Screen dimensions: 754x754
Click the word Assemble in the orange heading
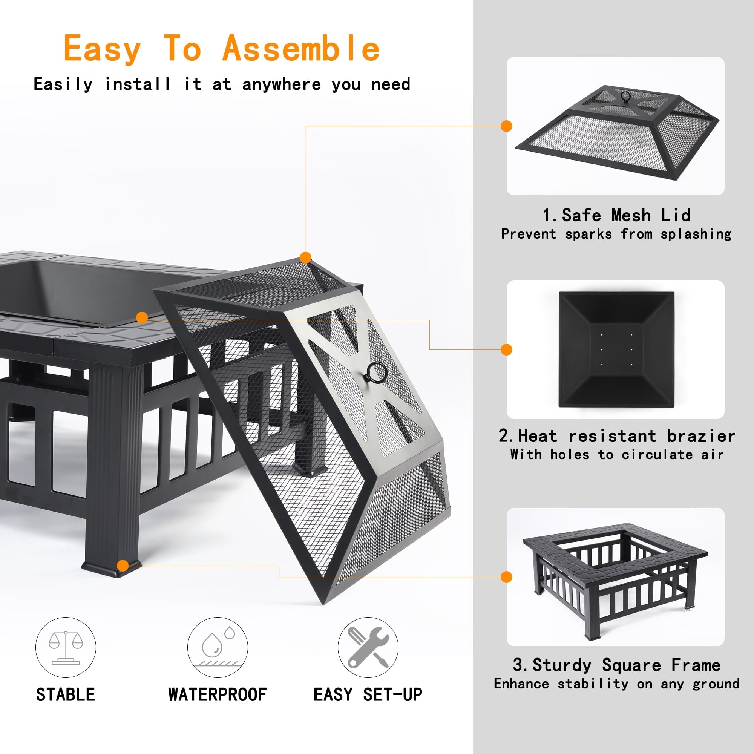tap(300, 48)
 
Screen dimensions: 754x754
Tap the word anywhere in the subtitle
tap(281, 84)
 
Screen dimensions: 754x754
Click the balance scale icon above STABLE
tap(66, 647)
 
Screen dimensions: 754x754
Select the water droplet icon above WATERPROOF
tap(218, 647)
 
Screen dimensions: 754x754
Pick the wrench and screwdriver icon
tap(368, 647)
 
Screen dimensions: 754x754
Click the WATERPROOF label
tap(218, 695)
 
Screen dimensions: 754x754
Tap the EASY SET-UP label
tap(368, 695)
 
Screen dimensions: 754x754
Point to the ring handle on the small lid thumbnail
tap(625, 96)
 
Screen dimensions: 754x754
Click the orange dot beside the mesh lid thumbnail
tap(506, 126)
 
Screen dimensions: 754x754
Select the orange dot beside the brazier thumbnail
tap(506, 350)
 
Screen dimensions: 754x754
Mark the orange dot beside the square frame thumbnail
tap(506, 577)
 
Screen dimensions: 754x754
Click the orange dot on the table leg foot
tap(123, 565)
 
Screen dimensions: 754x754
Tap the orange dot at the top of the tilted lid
tap(306, 257)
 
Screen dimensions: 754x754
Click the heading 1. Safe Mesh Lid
tap(616, 215)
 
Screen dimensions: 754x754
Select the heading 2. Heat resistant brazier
tap(616, 435)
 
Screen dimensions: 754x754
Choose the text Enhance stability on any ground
tap(616, 684)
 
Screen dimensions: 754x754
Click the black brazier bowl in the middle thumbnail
tap(616, 350)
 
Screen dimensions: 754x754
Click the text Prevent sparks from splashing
tap(616, 234)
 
